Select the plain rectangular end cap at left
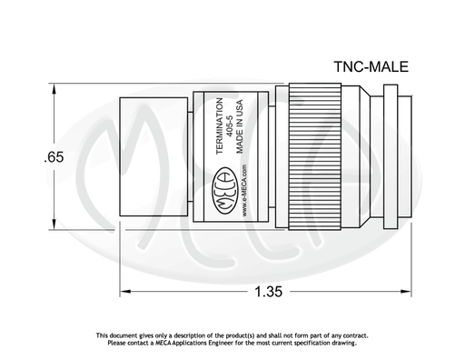[153, 156]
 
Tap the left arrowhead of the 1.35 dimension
[125, 291]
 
